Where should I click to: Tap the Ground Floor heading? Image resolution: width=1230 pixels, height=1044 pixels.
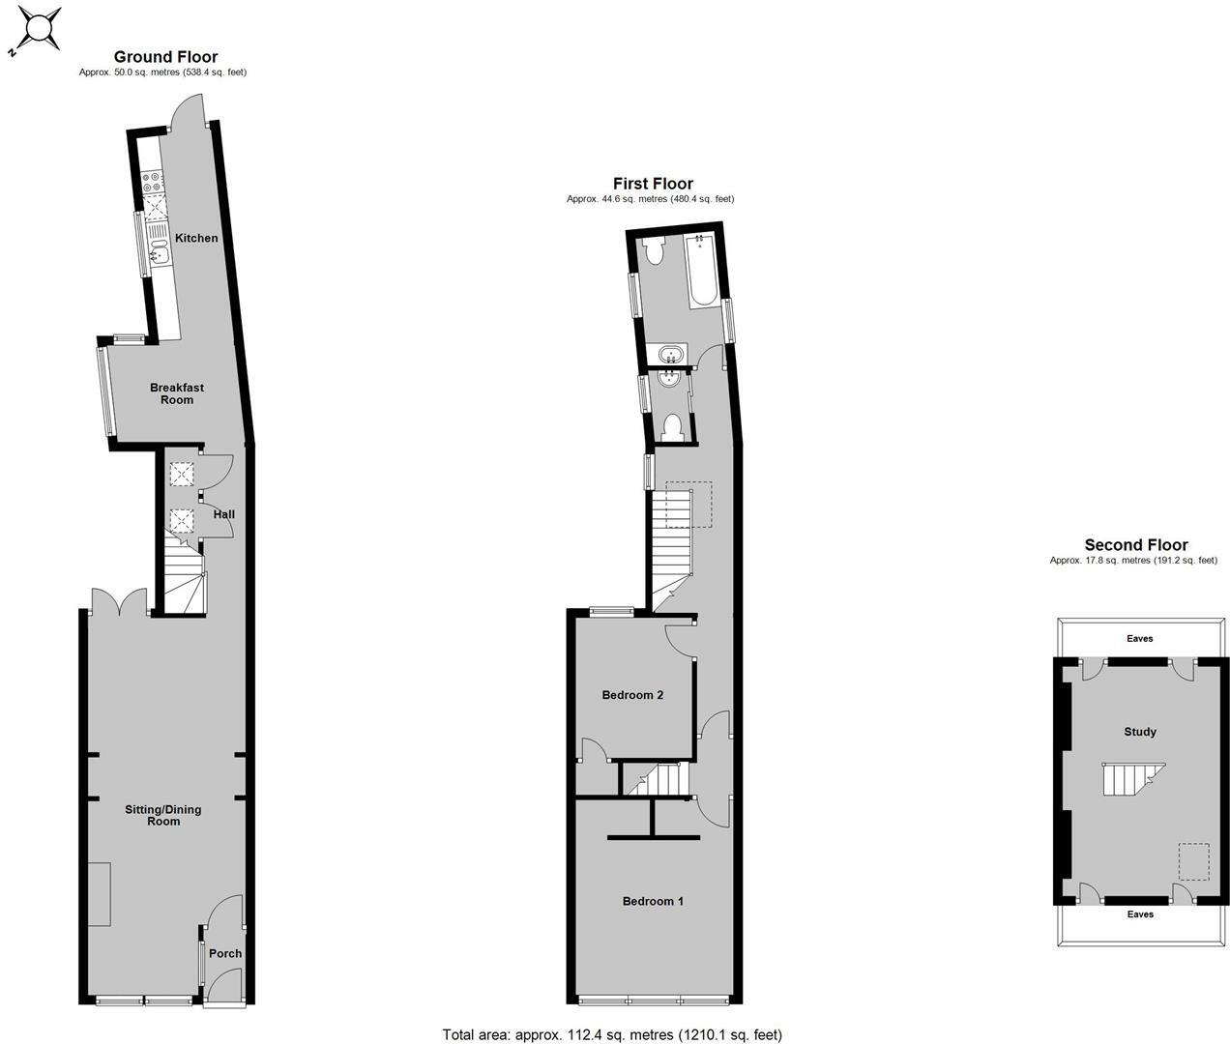tap(165, 57)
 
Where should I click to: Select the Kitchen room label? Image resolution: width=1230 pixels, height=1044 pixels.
tap(196, 238)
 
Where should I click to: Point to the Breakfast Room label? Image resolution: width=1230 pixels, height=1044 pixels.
tap(177, 393)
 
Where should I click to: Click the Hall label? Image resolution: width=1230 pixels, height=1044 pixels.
tap(224, 514)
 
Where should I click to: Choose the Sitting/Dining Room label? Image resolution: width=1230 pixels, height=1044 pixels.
tap(163, 815)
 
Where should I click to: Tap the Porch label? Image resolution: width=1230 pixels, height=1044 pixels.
tap(225, 953)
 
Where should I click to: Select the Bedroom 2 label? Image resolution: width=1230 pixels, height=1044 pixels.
tap(632, 695)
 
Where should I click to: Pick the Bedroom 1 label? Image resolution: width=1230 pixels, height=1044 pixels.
tap(653, 901)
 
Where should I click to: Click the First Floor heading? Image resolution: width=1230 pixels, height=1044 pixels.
tap(653, 184)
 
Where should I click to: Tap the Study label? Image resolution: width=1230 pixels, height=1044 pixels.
tap(1140, 732)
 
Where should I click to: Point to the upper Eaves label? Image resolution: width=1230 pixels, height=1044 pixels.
tap(1140, 638)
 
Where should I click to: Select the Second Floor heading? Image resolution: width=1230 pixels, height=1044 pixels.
tap(1136, 545)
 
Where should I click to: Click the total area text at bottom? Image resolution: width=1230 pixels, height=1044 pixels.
tap(612, 1034)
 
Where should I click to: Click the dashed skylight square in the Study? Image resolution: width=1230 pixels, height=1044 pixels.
tap(1193, 861)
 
